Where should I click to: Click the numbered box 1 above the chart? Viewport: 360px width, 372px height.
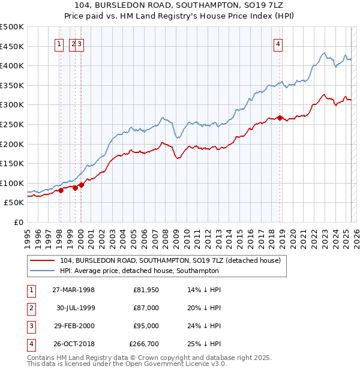click(60, 43)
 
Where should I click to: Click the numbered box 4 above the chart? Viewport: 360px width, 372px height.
click(279, 43)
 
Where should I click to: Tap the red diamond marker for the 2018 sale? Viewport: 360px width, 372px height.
click(280, 118)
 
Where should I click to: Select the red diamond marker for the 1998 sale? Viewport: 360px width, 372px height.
click(61, 190)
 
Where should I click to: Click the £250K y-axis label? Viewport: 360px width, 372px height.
click(12, 124)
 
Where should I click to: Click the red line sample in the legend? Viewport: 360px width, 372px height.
click(42, 260)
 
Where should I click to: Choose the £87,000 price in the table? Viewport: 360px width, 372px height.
click(146, 308)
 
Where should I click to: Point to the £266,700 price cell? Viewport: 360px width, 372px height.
click(144, 344)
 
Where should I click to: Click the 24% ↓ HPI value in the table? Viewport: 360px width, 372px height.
click(204, 326)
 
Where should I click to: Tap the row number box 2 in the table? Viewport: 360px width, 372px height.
click(30, 308)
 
